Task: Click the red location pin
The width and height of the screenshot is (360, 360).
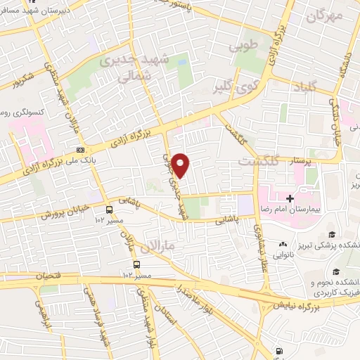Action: [181, 165]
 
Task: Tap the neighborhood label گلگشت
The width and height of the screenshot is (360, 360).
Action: [258, 161]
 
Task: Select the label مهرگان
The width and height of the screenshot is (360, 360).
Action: [325, 14]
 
